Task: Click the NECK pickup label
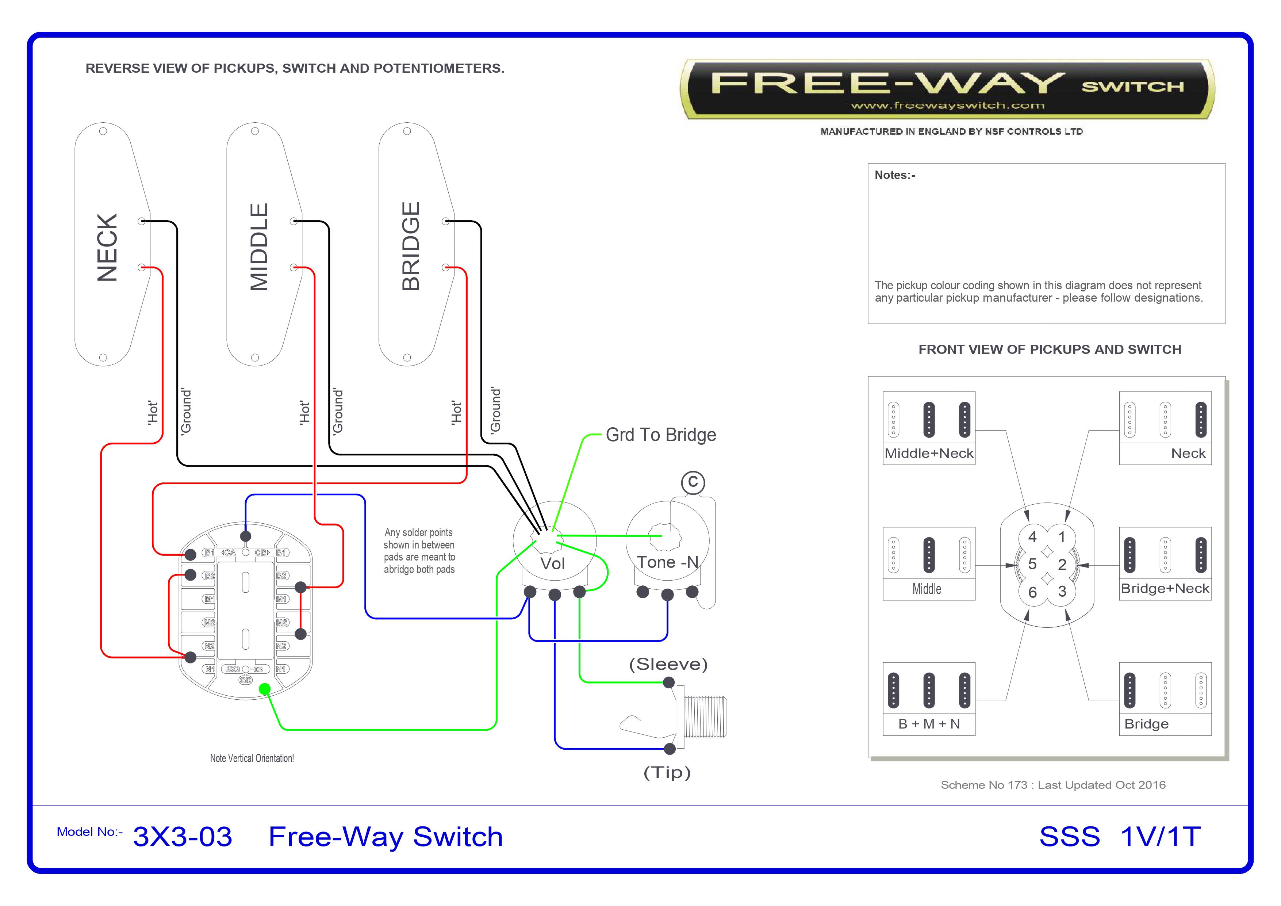pyautogui.click(x=107, y=247)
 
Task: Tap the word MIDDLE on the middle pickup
pyautogui.click(x=259, y=247)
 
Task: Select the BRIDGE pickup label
pyautogui.click(x=411, y=246)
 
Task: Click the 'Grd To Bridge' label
pyautogui.click(x=661, y=435)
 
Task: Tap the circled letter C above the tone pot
pyautogui.click(x=693, y=482)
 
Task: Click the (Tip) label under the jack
pyautogui.click(x=667, y=773)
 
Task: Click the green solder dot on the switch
pyautogui.click(x=265, y=689)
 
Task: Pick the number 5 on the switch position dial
pyautogui.click(x=1032, y=564)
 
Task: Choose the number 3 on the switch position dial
pyautogui.click(x=1062, y=592)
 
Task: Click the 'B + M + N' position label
pyautogui.click(x=929, y=724)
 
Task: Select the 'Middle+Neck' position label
pyautogui.click(x=929, y=453)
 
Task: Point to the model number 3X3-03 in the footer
pyautogui.click(x=183, y=837)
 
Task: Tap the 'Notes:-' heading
pyautogui.click(x=895, y=175)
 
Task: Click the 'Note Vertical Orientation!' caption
pyautogui.click(x=252, y=758)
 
